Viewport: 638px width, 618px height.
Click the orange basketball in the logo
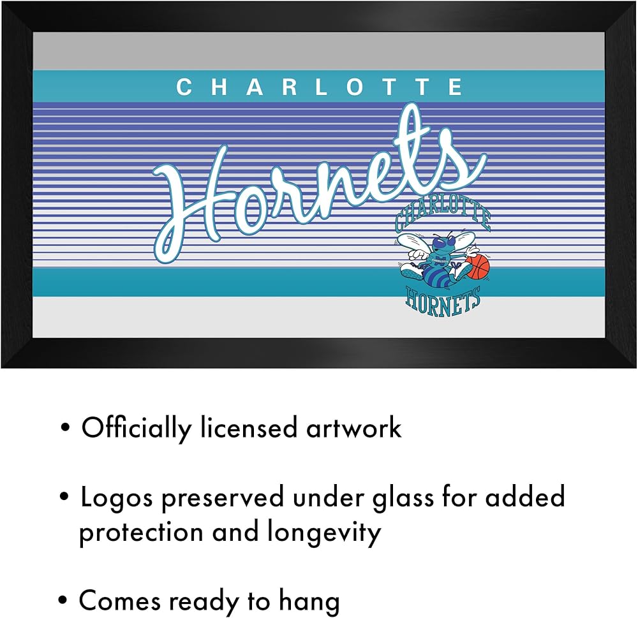pyautogui.click(x=477, y=268)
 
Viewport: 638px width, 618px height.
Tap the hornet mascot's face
pyautogui.click(x=440, y=244)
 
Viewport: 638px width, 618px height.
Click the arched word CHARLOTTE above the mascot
pyautogui.click(x=443, y=216)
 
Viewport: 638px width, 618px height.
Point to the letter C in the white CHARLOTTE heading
pyautogui.click(x=184, y=87)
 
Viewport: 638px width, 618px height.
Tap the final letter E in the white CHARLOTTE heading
pyautogui.click(x=455, y=87)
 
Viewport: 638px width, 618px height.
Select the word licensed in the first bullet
pyautogui.click(x=249, y=427)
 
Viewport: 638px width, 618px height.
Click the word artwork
pyautogui.click(x=353, y=428)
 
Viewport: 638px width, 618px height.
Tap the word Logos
pyautogui.click(x=116, y=498)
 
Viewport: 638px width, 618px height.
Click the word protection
pyautogui.click(x=141, y=533)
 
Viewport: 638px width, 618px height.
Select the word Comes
pyautogui.click(x=120, y=601)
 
